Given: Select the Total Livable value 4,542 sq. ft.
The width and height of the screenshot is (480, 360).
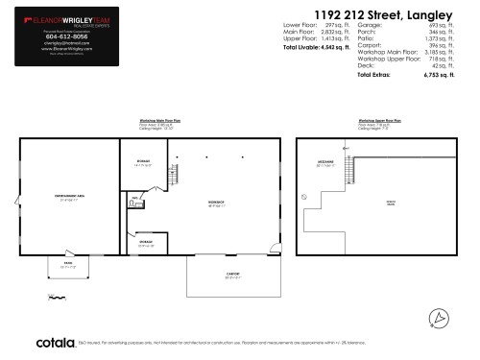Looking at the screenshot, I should point(337,46).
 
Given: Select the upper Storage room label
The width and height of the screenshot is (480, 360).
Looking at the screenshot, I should point(143,162).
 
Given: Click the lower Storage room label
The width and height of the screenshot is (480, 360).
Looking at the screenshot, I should point(146,242).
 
